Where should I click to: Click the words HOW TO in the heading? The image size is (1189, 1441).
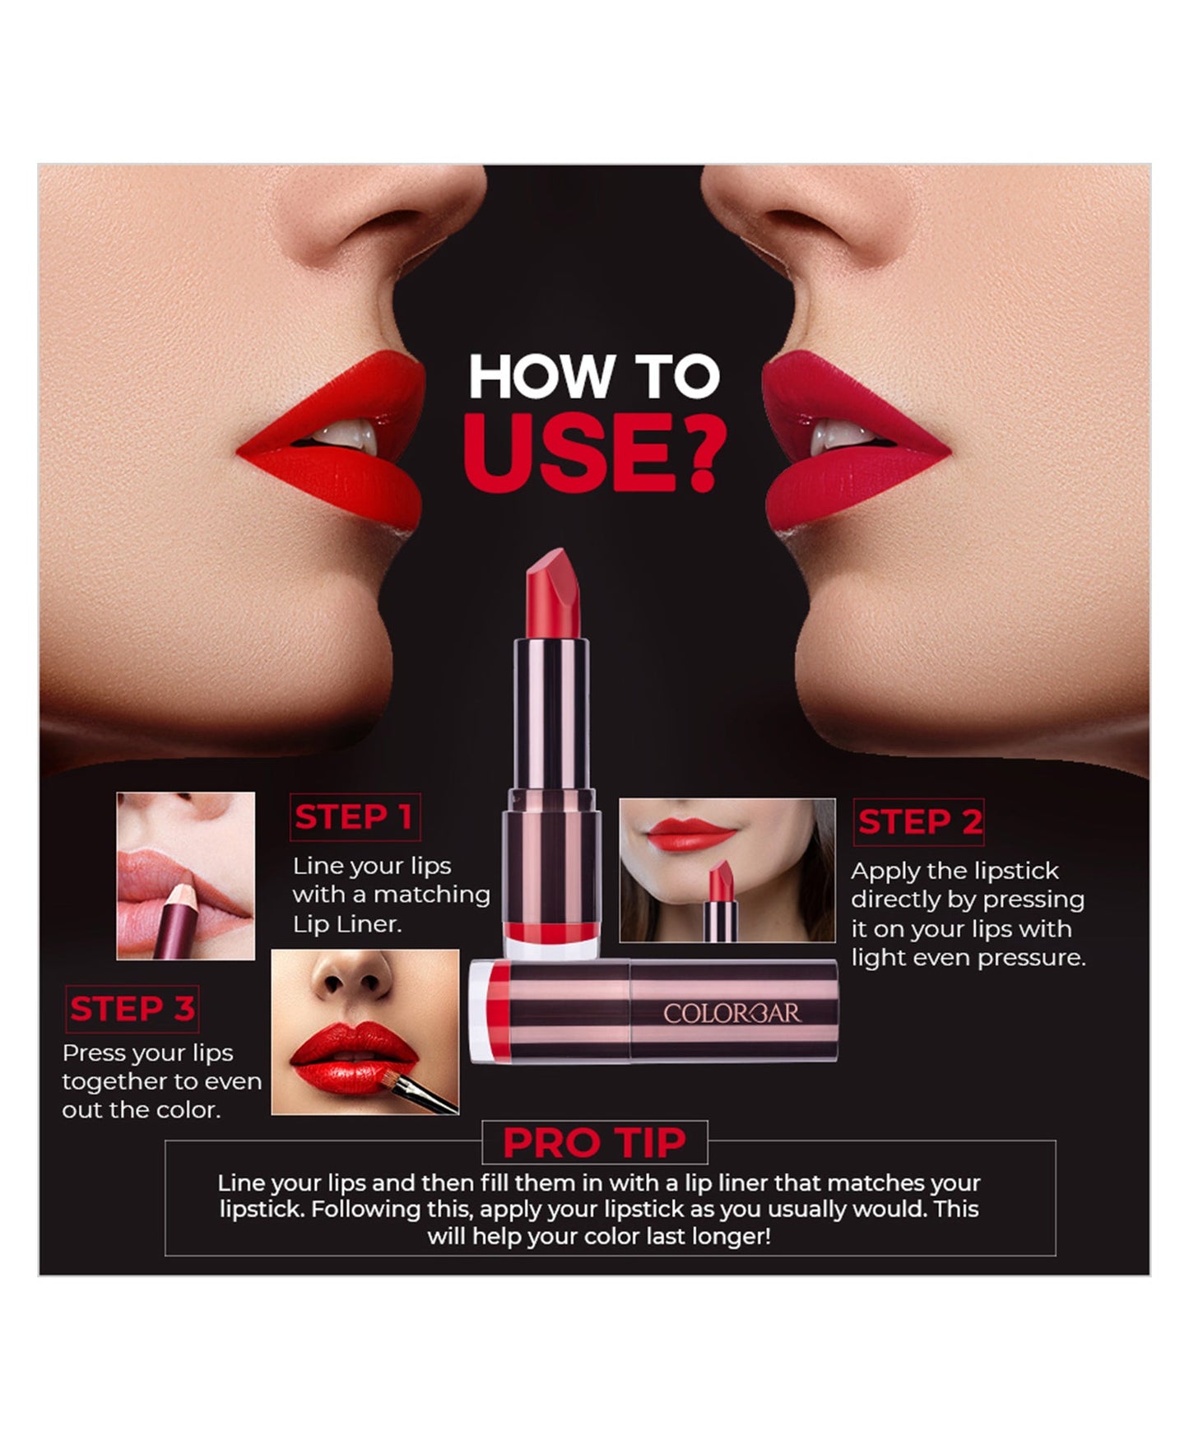pos(594,376)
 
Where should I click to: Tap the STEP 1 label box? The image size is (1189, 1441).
pos(354,817)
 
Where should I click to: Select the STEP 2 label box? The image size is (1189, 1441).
pos(919,822)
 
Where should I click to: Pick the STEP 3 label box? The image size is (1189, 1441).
pos(132,1009)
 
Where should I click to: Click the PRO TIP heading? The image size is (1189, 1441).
pos(594,1142)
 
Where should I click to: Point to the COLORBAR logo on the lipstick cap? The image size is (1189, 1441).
pos(732,1013)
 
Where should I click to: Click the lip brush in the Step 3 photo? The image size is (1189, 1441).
pos(425,1095)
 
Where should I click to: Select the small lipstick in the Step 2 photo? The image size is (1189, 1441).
pos(720,900)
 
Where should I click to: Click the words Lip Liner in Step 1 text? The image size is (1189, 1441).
pos(347,924)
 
